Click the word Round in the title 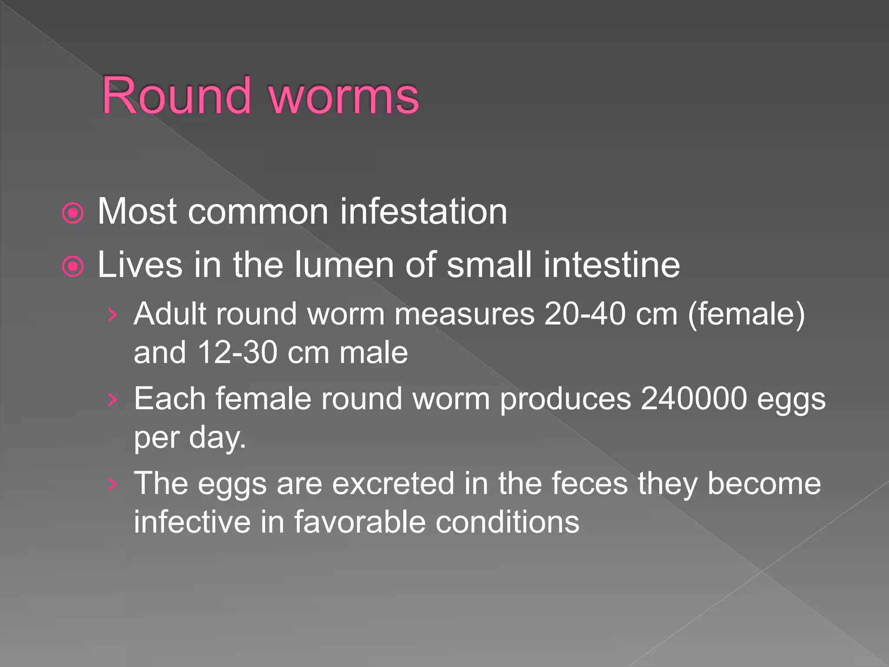(x=176, y=96)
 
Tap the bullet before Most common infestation (x=72, y=213)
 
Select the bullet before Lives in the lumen (x=72, y=267)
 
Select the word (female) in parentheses (x=746, y=314)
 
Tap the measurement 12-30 (x=237, y=352)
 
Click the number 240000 (x=694, y=399)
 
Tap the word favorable (x=359, y=522)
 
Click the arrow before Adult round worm (x=112, y=315)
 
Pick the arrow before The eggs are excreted (x=112, y=484)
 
